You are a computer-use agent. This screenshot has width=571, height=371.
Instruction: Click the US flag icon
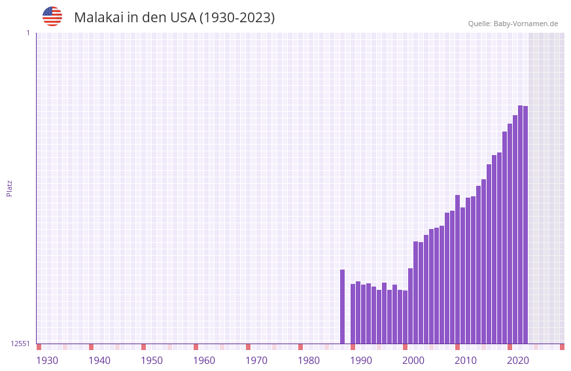tap(52, 16)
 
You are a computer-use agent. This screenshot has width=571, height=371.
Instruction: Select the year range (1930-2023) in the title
tap(237, 18)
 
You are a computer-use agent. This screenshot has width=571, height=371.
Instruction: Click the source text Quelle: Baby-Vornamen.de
tap(513, 24)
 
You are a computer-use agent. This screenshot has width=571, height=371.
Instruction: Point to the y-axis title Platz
tap(9, 188)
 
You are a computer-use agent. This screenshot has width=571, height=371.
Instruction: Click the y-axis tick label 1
tap(27, 33)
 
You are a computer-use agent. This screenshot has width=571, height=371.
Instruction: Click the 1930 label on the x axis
tap(47, 361)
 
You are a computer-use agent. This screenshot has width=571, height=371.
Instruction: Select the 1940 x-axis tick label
tap(99, 361)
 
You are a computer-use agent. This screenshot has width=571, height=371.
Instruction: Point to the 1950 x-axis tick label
tap(152, 361)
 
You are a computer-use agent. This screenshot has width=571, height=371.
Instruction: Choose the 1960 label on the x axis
tap(204, 361)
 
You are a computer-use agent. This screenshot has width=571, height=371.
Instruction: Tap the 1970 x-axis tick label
tap(256, 361)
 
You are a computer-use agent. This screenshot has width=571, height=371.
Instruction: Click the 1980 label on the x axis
tap(309, 361)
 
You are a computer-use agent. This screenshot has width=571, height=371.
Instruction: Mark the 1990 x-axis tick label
tap(361, 361)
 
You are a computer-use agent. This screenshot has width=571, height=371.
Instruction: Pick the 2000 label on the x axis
tap(413, 361)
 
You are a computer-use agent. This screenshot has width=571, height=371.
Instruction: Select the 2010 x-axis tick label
tap(466, 361)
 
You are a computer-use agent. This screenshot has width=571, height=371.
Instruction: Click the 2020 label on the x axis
tap(518, 361)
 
